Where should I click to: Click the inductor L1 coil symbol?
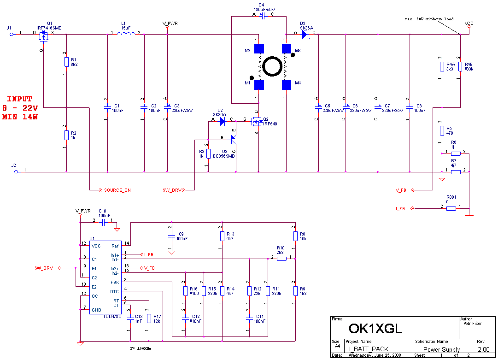tap(126, 33)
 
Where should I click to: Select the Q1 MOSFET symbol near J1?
tap(44, 35)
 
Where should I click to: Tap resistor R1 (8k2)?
tap(67, 62)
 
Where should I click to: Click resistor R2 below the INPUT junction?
tap(67, 135)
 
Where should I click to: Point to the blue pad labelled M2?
tap(259, 48)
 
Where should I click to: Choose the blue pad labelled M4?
tap(287, 85)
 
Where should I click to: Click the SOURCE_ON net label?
tap(117, 190)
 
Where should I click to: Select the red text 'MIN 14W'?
tap(19, 117)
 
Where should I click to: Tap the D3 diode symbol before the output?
tap(305, 34)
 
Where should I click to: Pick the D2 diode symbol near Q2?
tap(222, 121)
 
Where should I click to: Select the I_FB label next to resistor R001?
tap(400, 209)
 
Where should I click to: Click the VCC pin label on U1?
tap(96, 246)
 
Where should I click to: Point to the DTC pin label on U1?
tap(114, 291)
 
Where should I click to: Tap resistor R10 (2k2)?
tap(281, 259)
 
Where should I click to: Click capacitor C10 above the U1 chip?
tap(103, 222)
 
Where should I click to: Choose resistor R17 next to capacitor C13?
tap(149, 318)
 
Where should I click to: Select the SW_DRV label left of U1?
tap(44, 268)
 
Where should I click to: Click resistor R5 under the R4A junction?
tap(442, 130)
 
